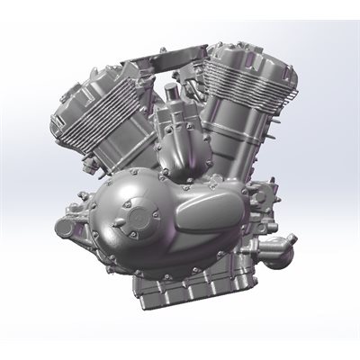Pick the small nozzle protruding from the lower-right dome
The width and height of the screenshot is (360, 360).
[x=286, y=262]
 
